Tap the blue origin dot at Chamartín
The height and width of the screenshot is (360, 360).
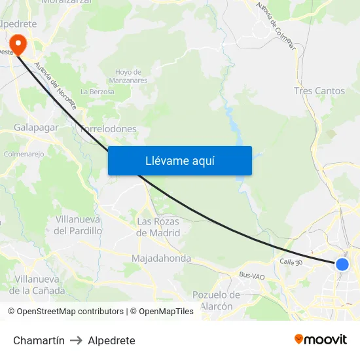342,264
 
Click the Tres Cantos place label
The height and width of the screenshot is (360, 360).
319,91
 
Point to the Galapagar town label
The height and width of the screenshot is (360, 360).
36,128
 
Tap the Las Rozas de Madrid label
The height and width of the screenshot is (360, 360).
158,226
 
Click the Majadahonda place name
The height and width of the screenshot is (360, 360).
161,259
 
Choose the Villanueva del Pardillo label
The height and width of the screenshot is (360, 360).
79,225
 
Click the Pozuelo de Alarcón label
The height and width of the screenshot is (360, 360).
216,300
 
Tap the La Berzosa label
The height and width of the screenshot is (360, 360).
97,92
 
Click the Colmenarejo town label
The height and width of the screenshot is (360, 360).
24,154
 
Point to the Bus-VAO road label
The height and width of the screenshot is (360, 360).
251,276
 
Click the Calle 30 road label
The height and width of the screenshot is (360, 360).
291,262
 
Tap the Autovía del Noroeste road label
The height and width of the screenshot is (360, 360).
56,84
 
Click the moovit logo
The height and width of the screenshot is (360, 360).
320,340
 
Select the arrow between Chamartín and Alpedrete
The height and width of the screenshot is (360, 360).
76,340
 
